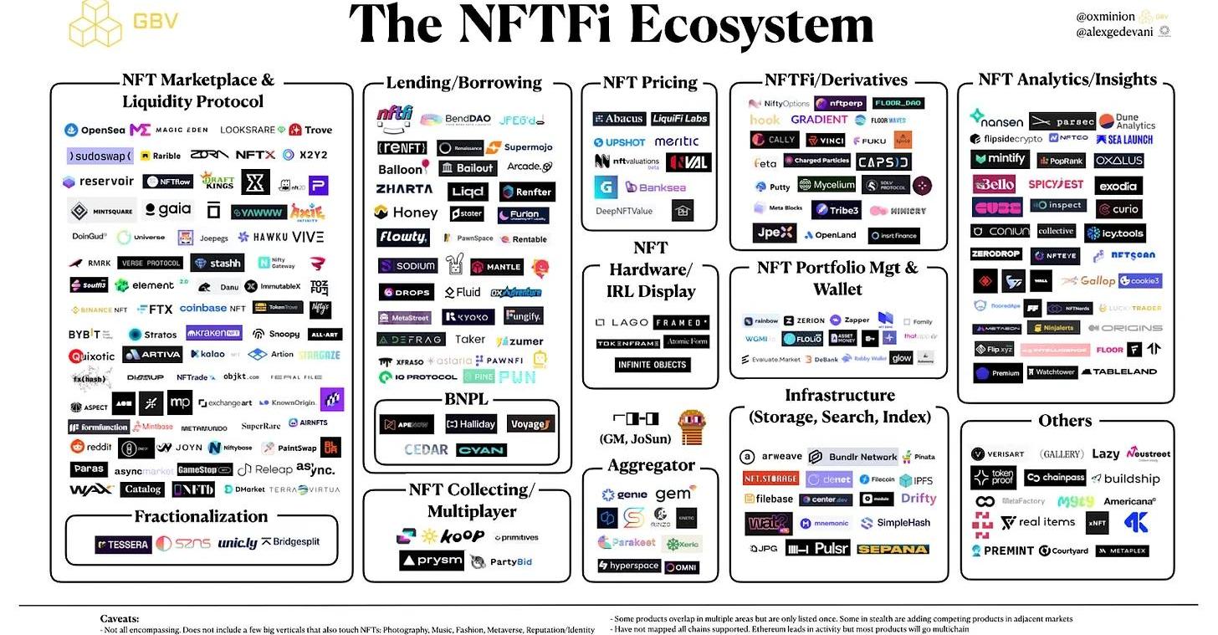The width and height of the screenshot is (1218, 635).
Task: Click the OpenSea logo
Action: pyautogui.click(x=95, y=131)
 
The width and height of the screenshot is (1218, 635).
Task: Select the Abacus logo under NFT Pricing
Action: pyautogui.click(x=619, y=119)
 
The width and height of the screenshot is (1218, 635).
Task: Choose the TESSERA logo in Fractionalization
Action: pyautogui.click(x=122, y=545)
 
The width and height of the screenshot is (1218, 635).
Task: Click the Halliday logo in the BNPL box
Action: pyautogui.click(x=470, y=425)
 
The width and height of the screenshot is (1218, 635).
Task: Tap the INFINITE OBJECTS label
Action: pyautogui.click(x=652, y=365)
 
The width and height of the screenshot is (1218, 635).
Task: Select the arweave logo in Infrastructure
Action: pyautogui.click(x=770, y=457)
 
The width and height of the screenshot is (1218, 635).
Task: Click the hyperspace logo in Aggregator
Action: pyautogui.click(x=629, y=566)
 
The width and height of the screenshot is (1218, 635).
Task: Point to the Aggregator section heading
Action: pyautogui.click(x=651, y=465)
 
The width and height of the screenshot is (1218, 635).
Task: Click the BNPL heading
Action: pyautogui.click(x=466, y=399)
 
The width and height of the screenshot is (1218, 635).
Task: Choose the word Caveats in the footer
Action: pyautogui.click(x=120, y=618)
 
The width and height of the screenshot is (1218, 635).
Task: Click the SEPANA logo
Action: pyautogui.click(x=893, y=549)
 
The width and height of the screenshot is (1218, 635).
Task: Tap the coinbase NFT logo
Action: pyautogui.click(x=212, y=309)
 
